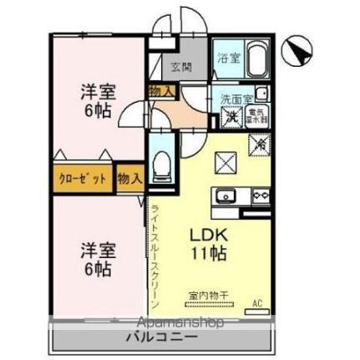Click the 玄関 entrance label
182,68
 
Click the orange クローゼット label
83,178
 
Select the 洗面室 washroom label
235,99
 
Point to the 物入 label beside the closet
129,178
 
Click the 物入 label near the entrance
160,91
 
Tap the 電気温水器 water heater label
260,117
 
